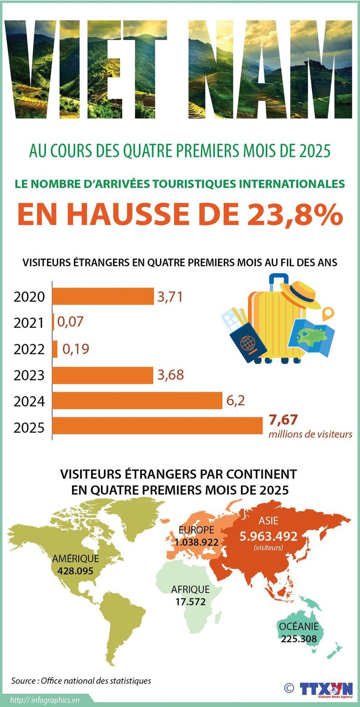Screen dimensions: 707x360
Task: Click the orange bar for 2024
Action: click(x=137, y=401)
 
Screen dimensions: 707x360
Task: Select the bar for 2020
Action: click(x=103, y=296)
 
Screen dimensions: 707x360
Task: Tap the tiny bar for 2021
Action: click(x=53, y=322)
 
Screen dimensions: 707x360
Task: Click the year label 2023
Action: click(x=29, y=376)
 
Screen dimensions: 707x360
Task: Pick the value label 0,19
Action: click(x=76, y=349)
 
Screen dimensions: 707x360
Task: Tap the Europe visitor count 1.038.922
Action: click(x=195, y=542)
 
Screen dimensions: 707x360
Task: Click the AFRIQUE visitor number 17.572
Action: click(x=190, y=602)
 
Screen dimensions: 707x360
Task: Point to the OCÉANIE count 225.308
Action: click(x=299, y=639)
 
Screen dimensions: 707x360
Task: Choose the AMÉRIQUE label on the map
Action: click(x=75, y=559)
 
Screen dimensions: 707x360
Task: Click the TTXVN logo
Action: click(x=326, y=689)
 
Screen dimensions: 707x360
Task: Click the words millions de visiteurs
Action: click(x=310, y=434)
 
